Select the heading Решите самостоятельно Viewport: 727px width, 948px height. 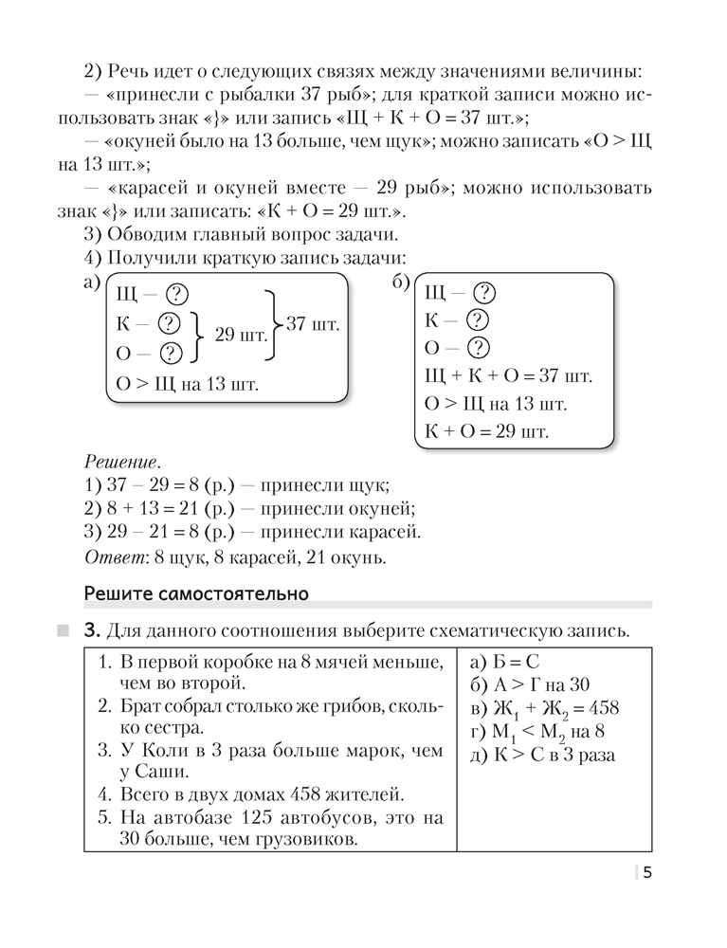tap(196, 595)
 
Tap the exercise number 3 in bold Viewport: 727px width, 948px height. tap(91, 630)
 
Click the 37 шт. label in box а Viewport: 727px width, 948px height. tap(312, 323)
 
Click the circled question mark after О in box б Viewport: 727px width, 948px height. tap(482, 347)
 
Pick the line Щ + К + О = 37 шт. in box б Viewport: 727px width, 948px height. tap(508, 376)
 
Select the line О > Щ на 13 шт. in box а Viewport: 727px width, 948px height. tap(186, 384)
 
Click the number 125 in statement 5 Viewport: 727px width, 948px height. tap(271, 816)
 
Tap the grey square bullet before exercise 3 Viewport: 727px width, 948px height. tap(63, 630)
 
